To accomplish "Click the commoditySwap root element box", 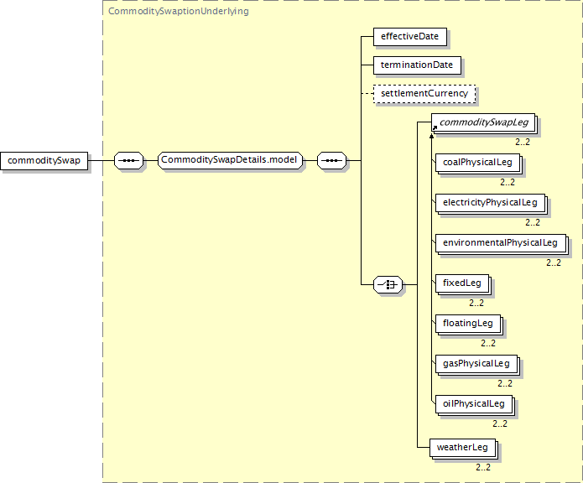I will (x=44, y=160).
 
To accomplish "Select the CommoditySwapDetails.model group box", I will (x=229, y=160).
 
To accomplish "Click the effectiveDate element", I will (x=410, y=37).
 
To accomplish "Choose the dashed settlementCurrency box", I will (x=424, y=93).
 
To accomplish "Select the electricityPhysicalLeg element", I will (x=489, y=202).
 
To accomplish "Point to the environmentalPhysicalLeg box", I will (x=499, y=242).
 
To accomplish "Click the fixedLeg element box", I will (x=461, y=283).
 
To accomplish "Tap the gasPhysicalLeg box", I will (x=476, y=363).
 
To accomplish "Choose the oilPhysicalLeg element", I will (x=473, y=403).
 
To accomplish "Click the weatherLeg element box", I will (x=461, y=447).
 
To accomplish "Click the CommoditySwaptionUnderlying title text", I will (x=178, y=12).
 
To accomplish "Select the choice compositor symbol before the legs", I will (x=388, y=285).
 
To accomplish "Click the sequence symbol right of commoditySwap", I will (x=128, y=160).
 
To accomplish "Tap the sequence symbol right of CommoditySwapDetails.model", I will (x=331, y=160).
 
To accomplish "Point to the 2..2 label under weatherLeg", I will (x=483, y=467).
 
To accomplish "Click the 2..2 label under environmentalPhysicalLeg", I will (x=554, y=262).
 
